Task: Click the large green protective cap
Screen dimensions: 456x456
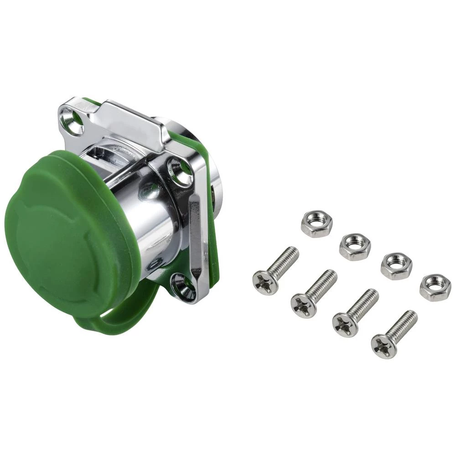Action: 68,228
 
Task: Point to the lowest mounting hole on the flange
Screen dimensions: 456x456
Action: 183,286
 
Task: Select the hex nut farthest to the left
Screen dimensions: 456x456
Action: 316,223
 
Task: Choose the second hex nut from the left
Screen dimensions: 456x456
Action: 355,246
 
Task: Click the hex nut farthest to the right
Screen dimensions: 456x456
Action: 435,287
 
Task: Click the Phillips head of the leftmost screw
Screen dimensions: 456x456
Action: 265,282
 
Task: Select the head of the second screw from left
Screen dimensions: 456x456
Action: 304,306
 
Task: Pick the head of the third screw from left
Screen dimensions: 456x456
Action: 345,325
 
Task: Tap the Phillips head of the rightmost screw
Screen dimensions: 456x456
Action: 383,346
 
